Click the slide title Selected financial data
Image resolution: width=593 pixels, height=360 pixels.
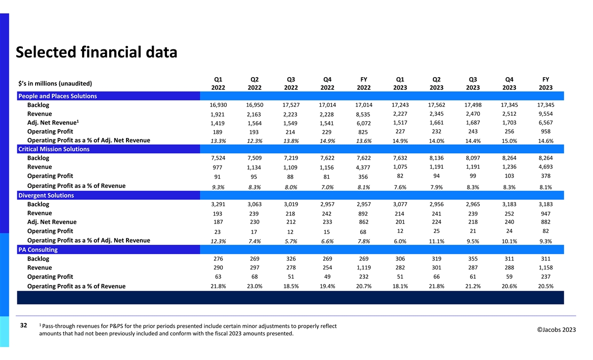click(x=96, y=52)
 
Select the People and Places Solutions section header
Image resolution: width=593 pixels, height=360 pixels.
click(x=57, y=96)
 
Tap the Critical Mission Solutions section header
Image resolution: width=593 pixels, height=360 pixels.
click(x=53, y=149)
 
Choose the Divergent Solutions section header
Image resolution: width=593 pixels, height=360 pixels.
click(x=46, y=195)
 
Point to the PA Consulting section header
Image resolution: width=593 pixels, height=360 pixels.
click(x=38, y=250)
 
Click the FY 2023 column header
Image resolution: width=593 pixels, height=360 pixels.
click(x=545, y=83)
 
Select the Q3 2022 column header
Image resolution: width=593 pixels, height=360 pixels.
click(x=291, y=83)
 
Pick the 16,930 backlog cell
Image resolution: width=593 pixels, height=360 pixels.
click(x=218, y=105)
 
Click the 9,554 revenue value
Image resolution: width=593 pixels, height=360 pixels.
click(x=545, y=114)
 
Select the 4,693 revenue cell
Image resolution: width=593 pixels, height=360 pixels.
click(x=545, y=167)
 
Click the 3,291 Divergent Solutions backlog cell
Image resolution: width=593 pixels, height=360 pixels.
click(x=218, y=204)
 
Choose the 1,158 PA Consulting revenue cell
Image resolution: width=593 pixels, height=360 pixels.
click(x=545, y=268)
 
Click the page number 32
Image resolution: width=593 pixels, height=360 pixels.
click(x=23, y=326)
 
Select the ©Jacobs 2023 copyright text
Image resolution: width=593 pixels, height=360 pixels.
click(x=553, y=330)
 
